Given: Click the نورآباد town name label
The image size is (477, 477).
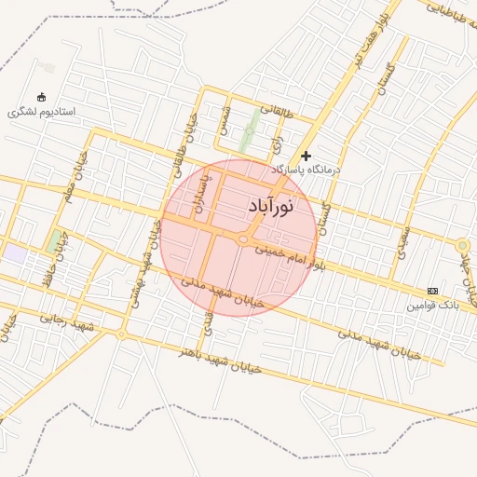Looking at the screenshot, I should (272, 206).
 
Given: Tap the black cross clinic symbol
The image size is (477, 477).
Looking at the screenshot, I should (306, 156).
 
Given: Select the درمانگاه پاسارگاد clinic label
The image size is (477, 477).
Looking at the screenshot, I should (307, 171).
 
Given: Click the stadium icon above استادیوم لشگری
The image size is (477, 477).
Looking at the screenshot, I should (40, 97).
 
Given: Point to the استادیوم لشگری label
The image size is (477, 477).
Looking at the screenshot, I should (42, 112).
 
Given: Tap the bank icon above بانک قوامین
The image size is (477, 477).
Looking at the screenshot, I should (431, 291).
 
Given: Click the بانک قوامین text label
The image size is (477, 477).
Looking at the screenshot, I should (433, 306).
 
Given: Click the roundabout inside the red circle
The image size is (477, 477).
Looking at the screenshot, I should (243, 240).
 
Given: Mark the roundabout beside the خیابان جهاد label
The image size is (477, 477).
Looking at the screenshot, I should (463, 245).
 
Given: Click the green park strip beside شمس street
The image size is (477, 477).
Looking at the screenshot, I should (249, 130).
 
